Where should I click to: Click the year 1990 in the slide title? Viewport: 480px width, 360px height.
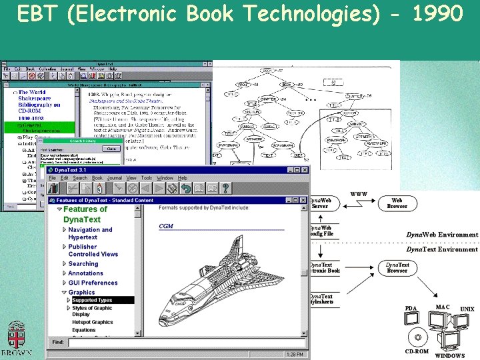[x=437, y=13]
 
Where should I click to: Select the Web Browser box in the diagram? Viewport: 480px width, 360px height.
[x=397, y=203]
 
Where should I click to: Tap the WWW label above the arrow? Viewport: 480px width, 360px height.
[x=358, y=195]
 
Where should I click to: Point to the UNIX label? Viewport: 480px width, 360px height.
[x=467, y=309]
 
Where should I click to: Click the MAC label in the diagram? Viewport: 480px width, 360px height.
[x=442, y=307]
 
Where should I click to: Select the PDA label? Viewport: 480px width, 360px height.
[x=411, y=308]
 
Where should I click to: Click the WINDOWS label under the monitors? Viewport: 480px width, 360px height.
[x=449, y=355]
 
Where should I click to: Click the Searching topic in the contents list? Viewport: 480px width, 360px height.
[x=83, y=264]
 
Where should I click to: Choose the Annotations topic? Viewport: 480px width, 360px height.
[x=85, y=273]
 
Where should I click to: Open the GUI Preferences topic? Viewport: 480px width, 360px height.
[x=93, y=283]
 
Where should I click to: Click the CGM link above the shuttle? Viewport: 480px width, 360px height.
[x=166, y=226]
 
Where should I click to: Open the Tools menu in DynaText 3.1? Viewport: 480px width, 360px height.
[x=147, y=178]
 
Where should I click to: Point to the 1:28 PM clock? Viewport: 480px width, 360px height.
[x=293, y=355]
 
